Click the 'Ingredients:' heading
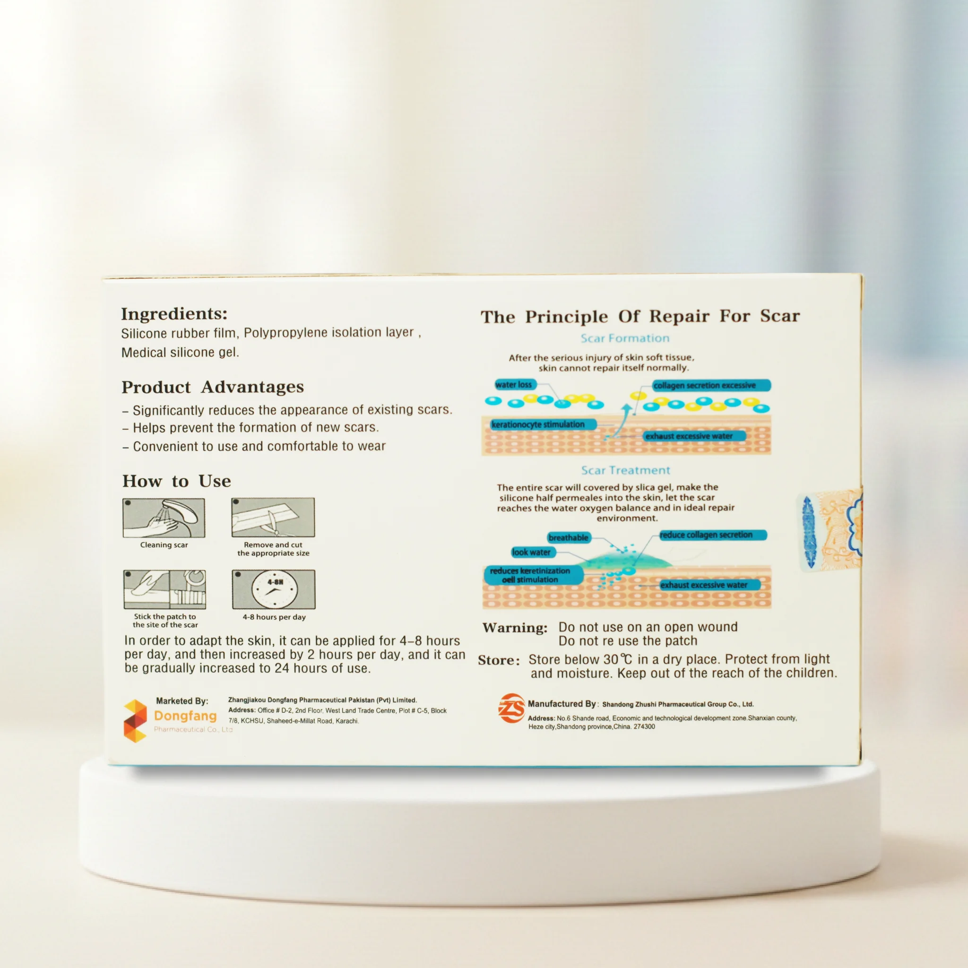[x=174, y=314]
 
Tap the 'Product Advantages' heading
[x=212, y=387]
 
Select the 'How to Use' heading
[x=177, y=481]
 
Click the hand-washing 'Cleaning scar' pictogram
[x=164, y=518]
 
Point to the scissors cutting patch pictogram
[x=273, y=517]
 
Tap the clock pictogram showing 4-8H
[x=274, y=589]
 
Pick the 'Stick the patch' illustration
[x=165, y=589]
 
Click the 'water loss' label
[x=515, y=384]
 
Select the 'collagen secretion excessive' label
[x=711, y=385]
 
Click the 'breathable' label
[x=568, y=537]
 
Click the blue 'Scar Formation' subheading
[x=625, y=338]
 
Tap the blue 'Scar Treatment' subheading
[x=625, y=470]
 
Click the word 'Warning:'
[x=515, y=628]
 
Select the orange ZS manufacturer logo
[x=511, y=708]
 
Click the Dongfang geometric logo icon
[x=135, y=720]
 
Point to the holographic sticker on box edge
[x=830, y=531]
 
